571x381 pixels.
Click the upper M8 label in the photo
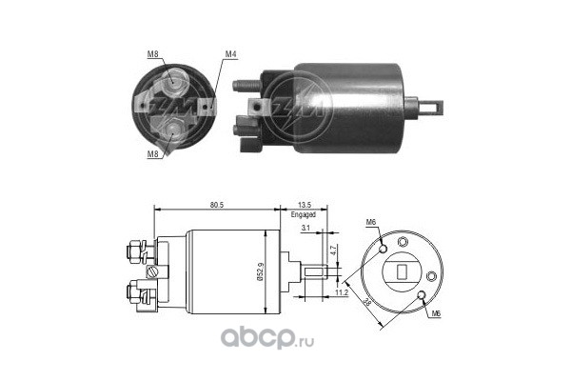[154, 53]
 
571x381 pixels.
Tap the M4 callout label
[230, 53]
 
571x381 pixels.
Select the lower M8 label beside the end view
[154, 150]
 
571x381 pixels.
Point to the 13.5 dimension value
[305, 203]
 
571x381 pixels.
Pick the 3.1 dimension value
[303, 229]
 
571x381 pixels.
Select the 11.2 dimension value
[339, 293]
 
